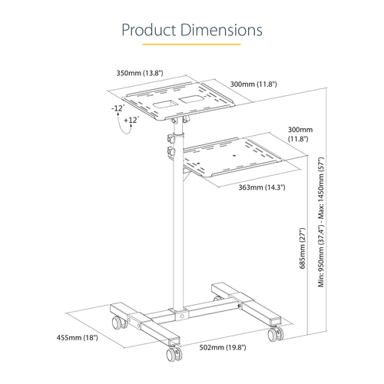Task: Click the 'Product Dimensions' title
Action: [192, 30]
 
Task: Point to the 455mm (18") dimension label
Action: [78, 337]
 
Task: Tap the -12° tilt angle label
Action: [117, 108]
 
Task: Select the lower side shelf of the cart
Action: [230, 157]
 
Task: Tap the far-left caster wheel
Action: [118, 322]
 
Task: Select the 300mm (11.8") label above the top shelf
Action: [253, 83]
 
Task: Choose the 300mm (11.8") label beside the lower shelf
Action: [301, 135]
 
